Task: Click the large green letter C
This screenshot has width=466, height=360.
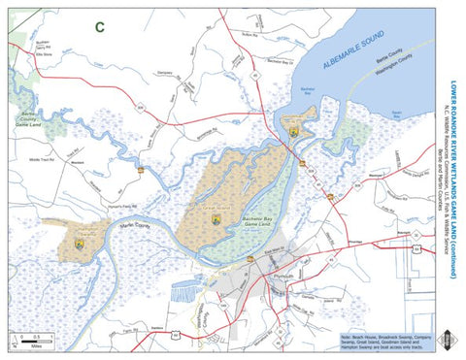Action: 98,27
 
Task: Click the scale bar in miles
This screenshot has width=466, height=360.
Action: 34,341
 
